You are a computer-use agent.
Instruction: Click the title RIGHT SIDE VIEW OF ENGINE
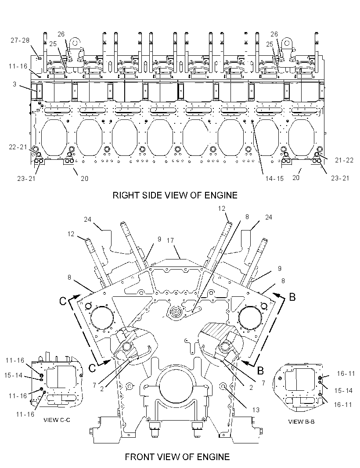[x=175, y=195]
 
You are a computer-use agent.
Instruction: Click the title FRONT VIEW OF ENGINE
[x=177, y=457]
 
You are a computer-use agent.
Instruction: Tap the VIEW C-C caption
[x=57, y=420]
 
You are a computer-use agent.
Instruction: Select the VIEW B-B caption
[x=301, y=422]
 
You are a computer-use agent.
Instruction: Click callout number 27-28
[x=20, y=40]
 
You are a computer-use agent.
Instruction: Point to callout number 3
[x=14, y=84]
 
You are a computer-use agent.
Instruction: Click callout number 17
[x=170, y=240]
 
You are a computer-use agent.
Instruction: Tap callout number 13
[x=256, y=410]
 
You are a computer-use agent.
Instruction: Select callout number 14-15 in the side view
[x=275, y=179]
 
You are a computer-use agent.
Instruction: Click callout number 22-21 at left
[x=18, y=147]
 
